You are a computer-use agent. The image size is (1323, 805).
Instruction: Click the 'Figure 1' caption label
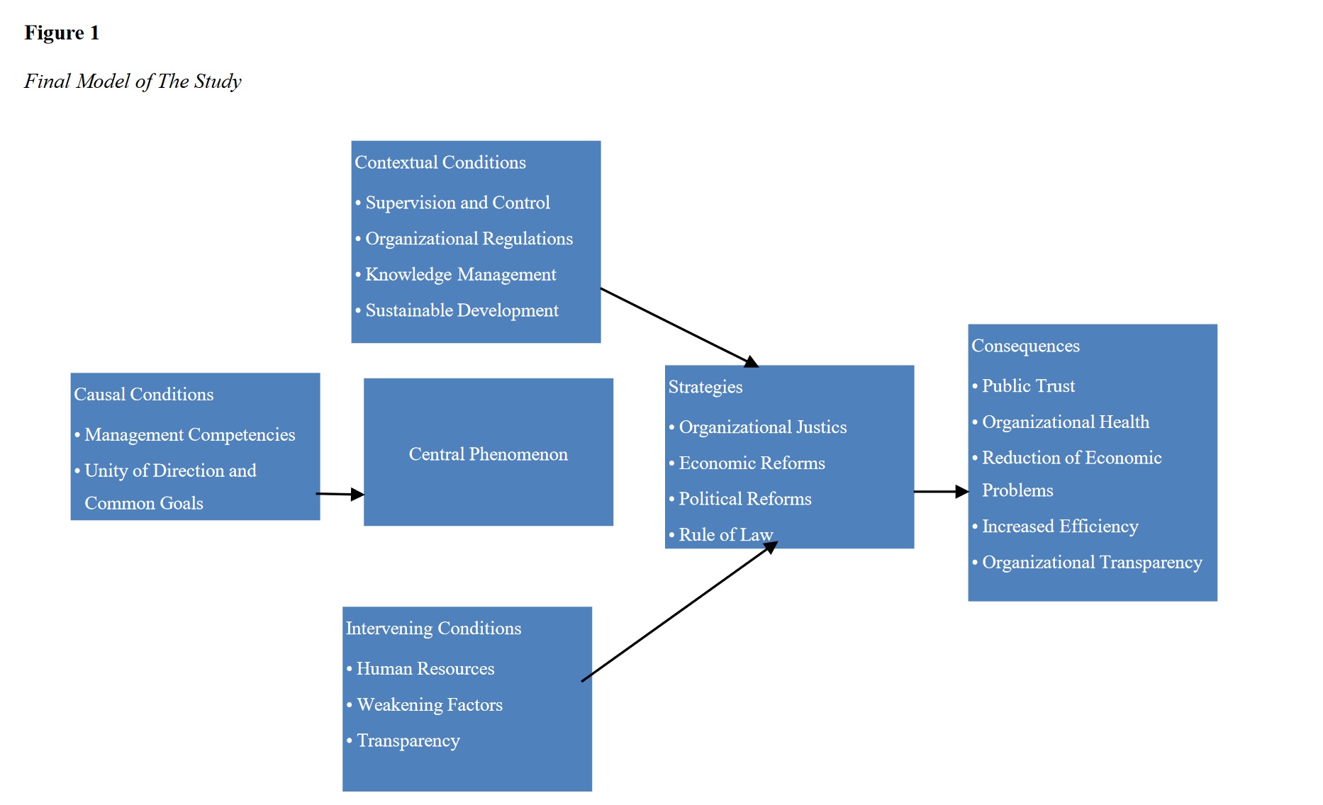point(62,33)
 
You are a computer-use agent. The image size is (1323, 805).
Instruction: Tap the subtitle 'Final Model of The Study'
point(133,81)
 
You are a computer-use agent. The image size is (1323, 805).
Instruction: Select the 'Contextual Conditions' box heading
point(440,163)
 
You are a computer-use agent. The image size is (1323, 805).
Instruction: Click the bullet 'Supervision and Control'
point(457,203)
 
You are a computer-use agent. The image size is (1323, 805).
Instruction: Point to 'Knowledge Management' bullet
point(460,275)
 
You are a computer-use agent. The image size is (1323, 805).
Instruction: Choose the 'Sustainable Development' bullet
point(462,311)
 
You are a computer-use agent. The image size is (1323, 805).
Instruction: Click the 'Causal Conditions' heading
point(143,395)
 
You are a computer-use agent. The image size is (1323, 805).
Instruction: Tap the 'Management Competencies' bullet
point(189,435)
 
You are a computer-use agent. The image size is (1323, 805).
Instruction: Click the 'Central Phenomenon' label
point(488,454)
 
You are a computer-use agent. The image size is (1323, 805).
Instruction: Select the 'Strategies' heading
point(705,387)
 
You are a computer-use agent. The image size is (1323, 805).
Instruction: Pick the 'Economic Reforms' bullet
point(752,463)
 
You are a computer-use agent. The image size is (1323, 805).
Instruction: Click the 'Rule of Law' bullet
point(725,535)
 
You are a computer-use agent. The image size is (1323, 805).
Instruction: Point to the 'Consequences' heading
point(1025,347)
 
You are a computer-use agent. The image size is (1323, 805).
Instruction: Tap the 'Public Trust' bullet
point(1028,386)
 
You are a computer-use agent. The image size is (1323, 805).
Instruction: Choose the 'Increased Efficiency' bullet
point(1060,527)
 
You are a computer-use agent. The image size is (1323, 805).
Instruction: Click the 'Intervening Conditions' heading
point(433,629)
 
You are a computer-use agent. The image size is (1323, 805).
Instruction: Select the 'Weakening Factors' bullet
point(430,705)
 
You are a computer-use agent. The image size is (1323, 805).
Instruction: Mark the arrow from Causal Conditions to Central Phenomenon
point(340,494)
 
